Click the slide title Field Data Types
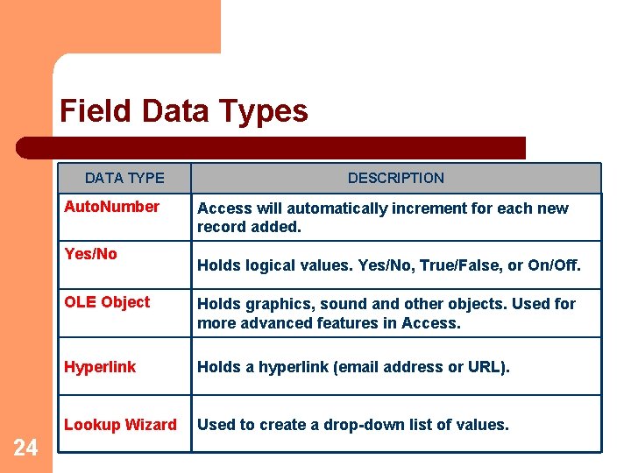tap(184, 111)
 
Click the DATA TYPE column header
tap(124, 178)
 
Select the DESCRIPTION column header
tap(395, 178)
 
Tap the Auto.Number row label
tap(111, 207)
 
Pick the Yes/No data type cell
tap(90, 254)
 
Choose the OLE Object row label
tap(107, 302)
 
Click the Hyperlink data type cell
tap(100, 367)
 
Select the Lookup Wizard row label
tap(120, 425)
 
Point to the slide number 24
tap(26, 448)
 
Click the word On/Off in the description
tap(554, 265)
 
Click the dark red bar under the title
tap(272, 147)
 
